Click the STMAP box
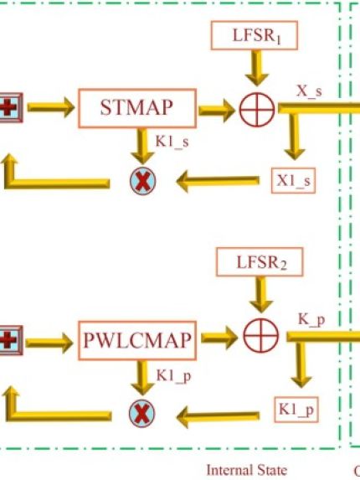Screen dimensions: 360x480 [x=137, y=108]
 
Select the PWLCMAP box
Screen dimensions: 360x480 [x=137, y=340]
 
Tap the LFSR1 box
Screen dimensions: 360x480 [x=255, y=35]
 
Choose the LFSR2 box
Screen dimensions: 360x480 [x=260, y=262]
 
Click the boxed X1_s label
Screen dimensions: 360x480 [x=293, y=181]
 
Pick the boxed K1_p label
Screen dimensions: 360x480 [x=296, y=410]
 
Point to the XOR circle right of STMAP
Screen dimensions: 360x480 [x=257, y=110]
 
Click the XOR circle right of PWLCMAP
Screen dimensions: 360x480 [x=261, y=336]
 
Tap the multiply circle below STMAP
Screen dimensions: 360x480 [x=142, y=181]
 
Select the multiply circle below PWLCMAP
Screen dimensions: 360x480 [x=142, y=413]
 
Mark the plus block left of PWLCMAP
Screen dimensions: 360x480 [x=10, y=340]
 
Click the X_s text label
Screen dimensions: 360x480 [x=309, y=91]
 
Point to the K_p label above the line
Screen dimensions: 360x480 [x=311, y=320]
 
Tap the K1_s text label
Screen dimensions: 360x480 [x=172, y=142]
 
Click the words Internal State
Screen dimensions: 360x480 [x=247, y=470]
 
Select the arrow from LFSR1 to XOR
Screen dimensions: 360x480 [x=257, y=68]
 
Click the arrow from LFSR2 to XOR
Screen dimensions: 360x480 [x=261, y=295]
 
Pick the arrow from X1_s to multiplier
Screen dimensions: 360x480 [x=218, y=181]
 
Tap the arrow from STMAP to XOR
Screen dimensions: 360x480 [x=217, y=111]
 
